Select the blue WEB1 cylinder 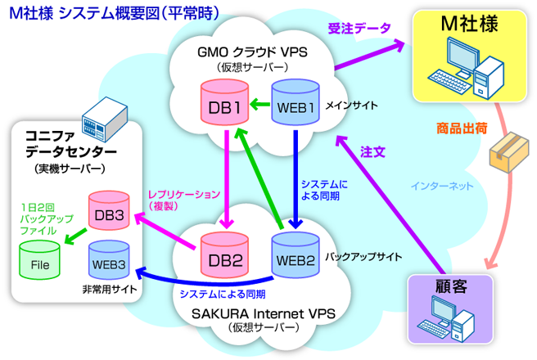point(295,105)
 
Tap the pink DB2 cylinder point(223,259)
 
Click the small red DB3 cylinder point(111,212)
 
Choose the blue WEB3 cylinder point(111,259)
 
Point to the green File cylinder point(39,261)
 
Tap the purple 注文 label point(373,151)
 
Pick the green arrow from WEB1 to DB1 point(259,104)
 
